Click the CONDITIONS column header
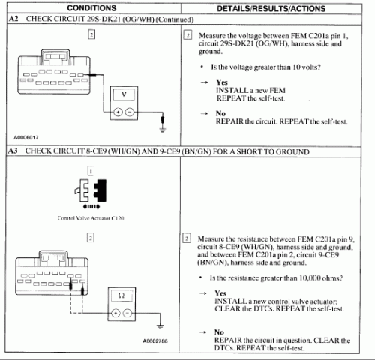(x=91, y=8)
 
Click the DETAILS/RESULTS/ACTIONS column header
(x=271, y=9)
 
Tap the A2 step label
(x=13, y=19)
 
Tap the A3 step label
(x=13, y=151)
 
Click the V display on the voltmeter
(x=124, y=94)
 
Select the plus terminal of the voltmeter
(x=118, y=112)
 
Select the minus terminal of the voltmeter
(x=130, y=112)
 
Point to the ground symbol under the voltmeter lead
(x=163, y=130)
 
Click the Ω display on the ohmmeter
(x=121, y=295)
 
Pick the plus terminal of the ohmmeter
(x=115, y=313)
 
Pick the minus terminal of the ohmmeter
(x=127, y=313)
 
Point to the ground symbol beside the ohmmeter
(x=160, y=326)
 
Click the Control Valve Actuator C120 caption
(x=91, y=218)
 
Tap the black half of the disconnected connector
(x=100, y=190)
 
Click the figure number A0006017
(x=26, y=137)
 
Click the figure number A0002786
(x=155, y=340)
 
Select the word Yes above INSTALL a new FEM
(x=222, y=82)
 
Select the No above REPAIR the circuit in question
(x=219, y=332)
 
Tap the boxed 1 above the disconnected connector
(x=91, y=171)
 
